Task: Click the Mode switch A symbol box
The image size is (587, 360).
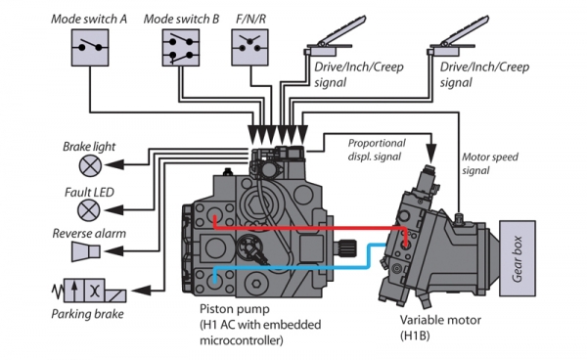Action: [x=90, y=48]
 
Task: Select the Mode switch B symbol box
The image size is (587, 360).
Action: [x=181, y=48]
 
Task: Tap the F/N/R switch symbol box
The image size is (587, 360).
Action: [x=249, y=48]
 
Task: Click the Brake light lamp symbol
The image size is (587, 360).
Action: [x=90, y=165]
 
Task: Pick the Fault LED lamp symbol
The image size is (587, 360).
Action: [x=89, y=210]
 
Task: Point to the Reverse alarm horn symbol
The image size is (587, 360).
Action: [x=86, y=251]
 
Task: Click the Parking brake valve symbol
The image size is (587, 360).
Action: [x=90, y=291]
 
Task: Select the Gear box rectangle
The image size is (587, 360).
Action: [x=518, y=258]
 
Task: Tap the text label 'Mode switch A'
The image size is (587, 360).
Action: [x=89, y=19]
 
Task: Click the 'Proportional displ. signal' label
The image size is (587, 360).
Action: [x=377, y=150]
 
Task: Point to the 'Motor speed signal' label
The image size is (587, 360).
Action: [x=490, y=163]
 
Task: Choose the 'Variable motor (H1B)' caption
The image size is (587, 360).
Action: [x=440, y=328]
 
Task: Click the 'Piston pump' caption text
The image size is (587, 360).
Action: [x=235, y=309]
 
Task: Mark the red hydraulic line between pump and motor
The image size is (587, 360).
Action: [x=311, y=228]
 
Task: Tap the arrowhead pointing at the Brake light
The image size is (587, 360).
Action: [x=114, y=164]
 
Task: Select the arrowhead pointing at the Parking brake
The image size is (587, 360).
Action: [x=141, y=290]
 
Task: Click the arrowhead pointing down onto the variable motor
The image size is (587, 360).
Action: [x=431, y=153]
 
